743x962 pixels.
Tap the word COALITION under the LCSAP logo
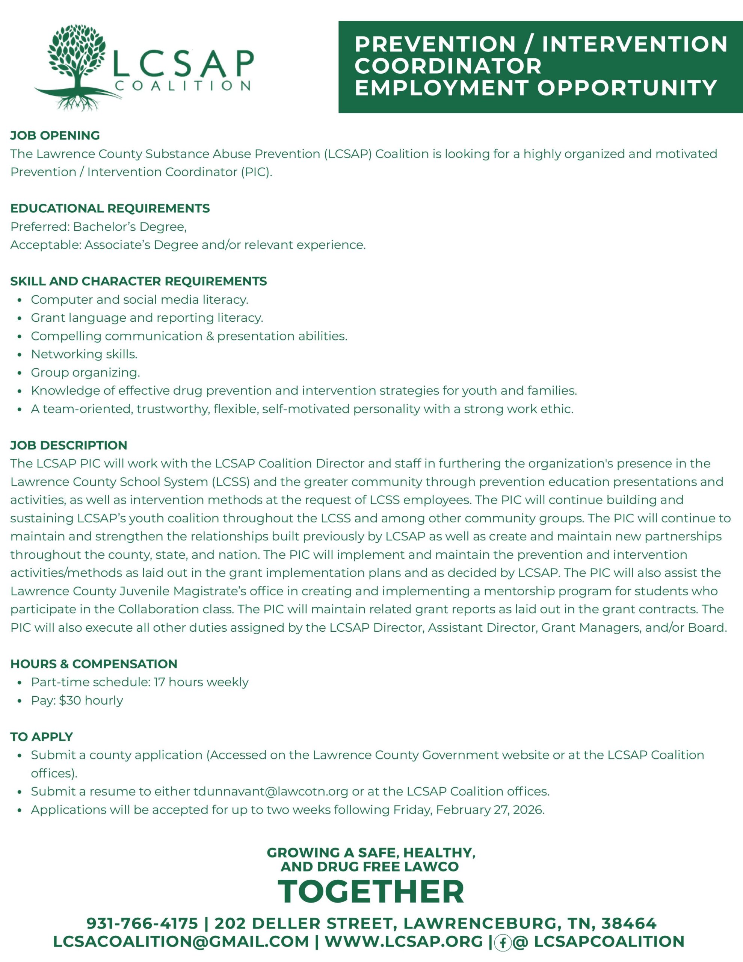183,85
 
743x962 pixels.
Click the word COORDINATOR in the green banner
448,66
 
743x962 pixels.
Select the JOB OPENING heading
55,135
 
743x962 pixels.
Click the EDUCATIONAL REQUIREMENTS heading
110,208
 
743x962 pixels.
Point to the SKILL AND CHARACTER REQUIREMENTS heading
139,281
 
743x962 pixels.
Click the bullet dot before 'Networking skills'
20,355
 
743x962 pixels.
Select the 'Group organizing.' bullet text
85,373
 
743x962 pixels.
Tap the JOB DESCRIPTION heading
69,445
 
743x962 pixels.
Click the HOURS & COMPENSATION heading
94,664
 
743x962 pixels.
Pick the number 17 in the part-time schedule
159,682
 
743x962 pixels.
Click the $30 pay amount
69,700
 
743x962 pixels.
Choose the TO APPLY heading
42,737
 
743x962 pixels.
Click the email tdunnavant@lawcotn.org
271,791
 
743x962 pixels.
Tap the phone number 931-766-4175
142,924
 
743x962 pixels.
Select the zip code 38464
629,924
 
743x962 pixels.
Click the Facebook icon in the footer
502,942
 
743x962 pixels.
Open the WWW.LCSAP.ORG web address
403,942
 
